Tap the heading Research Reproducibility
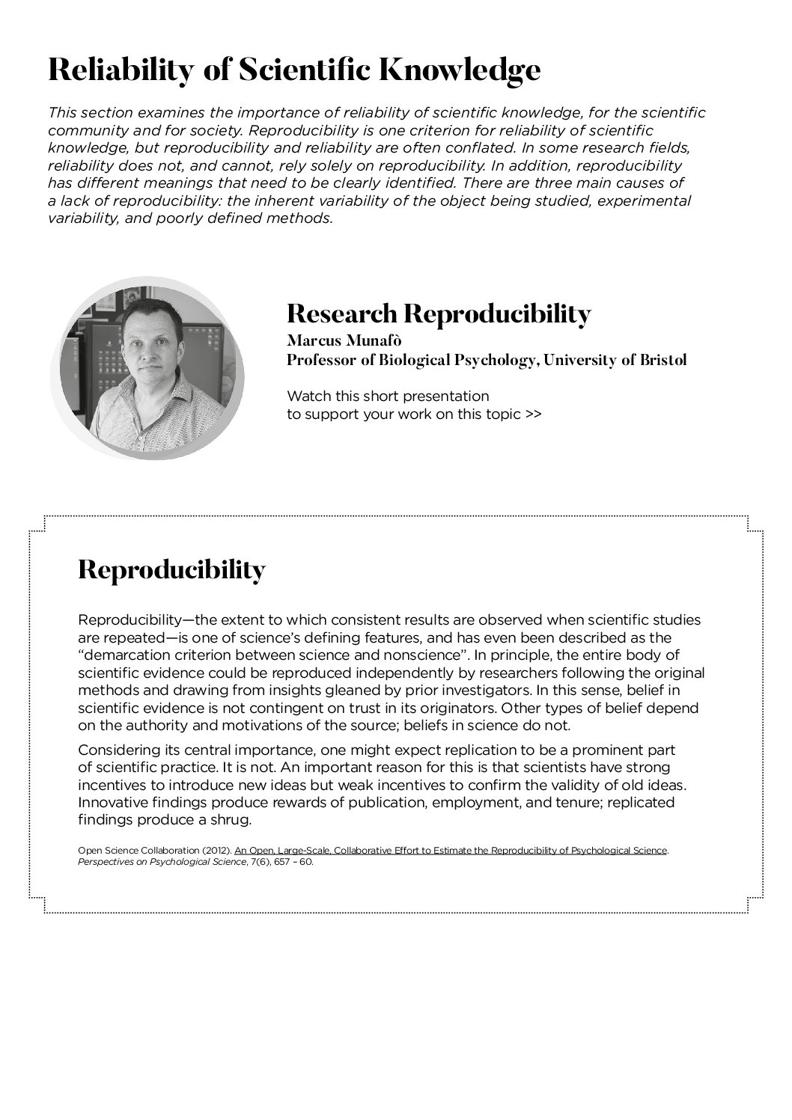439,313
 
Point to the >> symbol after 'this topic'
532,414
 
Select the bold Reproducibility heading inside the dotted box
171,570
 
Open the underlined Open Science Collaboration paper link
450,850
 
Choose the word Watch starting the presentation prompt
307,396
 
